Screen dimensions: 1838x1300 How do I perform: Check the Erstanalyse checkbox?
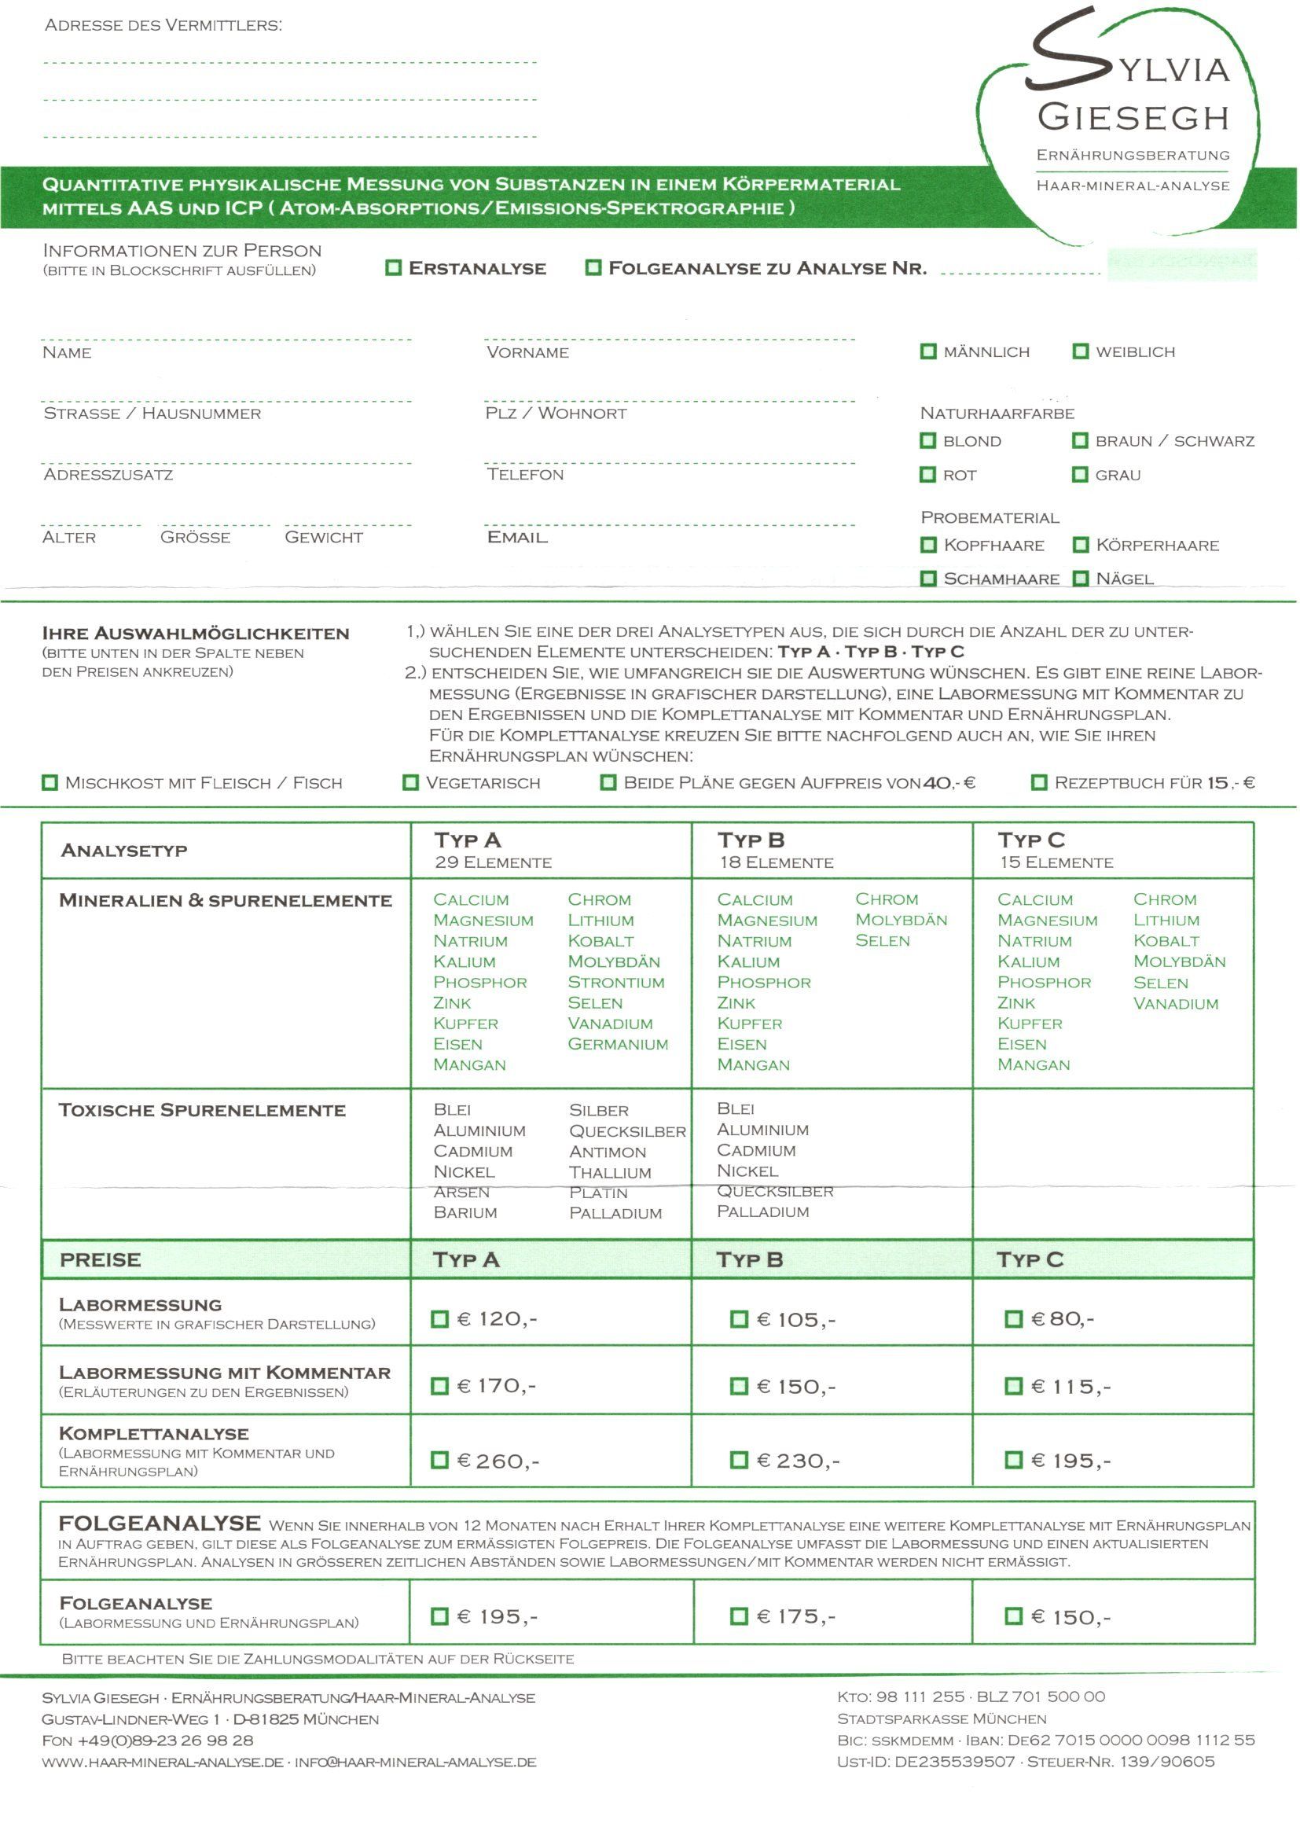click(393, 267)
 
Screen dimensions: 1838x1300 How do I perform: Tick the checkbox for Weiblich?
click(1081, 351)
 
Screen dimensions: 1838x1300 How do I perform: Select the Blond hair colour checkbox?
click(927, 440)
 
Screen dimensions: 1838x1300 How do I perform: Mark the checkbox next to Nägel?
click(1081, 578)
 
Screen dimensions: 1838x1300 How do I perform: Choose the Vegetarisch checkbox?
click(410, 782)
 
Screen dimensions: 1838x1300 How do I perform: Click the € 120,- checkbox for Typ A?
click(439, 1318)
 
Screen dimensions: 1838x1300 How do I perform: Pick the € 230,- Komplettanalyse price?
click(739, 1460)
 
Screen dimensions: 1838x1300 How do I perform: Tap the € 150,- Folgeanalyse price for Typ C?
click(1013, 1616)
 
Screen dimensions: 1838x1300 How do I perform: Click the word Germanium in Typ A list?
click(617, 1044)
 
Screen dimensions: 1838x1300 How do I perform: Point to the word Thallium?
click(610, 1172)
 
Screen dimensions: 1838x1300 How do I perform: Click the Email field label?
click(517, 537)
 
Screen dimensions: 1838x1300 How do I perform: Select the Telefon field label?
click(525, 475)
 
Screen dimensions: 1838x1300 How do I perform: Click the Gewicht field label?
click(323, 537)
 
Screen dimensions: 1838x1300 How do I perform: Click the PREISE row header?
click(100, 1259)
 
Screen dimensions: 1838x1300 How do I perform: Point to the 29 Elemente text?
click(493, 862)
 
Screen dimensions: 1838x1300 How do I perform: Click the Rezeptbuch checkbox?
click(1039, 782)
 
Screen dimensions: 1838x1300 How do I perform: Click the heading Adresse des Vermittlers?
click(163, 25)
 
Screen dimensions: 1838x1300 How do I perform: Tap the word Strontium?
click(615, 982)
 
